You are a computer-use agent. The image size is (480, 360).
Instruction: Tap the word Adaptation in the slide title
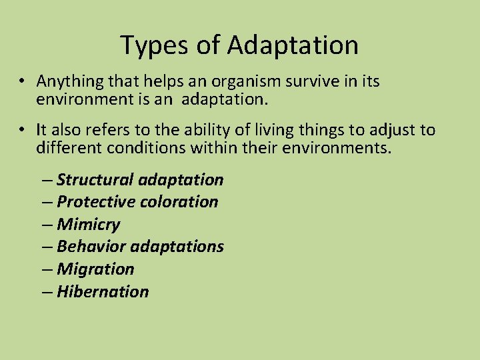click(x=293, y=46)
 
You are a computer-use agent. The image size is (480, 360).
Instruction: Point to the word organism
click(x=230, y=81)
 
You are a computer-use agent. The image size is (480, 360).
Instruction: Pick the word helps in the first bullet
click(x=155, y=81)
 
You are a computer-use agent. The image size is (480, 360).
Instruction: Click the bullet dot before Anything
click(x=22, y=82)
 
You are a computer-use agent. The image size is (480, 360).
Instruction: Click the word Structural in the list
click(x=95, y=179)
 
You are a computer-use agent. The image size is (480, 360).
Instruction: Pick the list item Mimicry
click(x=88, y=225)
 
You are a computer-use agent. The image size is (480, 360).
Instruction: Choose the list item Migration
click(x=95, y=269)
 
